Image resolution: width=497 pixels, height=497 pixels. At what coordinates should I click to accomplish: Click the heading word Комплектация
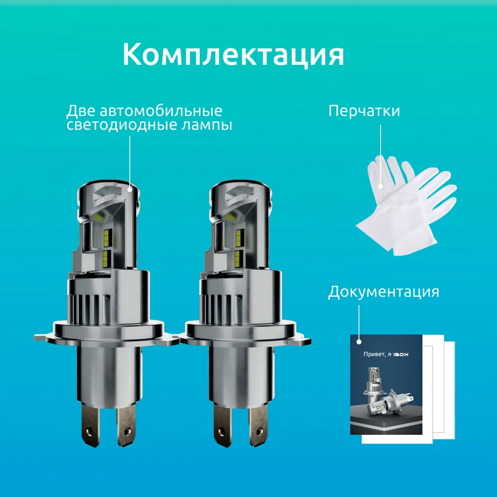pyautogui.click(x=233, y=55)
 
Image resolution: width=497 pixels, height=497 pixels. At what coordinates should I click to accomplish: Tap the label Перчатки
pyautogui.click(x=364, y=111)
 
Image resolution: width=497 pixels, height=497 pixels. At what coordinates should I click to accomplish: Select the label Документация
pyautogui.click(x=383, y=292)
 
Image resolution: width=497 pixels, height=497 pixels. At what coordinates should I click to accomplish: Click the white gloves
pyautogui.click(x=405, y=202)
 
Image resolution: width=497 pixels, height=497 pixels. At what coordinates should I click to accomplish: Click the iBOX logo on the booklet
pyautogui.click(x=401, y=354)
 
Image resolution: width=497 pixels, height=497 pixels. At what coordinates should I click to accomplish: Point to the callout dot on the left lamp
pyautogui.click(x=130, y=188)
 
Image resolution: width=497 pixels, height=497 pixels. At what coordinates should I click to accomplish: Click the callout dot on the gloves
pyautogui.click(x=381, y=186)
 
